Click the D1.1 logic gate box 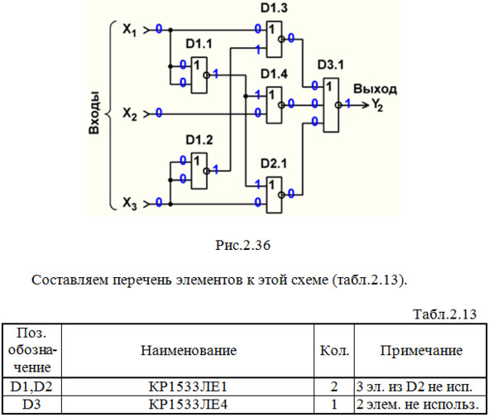pos(199,75)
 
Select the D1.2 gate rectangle pos(199,170)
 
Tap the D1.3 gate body pos(274,39)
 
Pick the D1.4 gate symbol pos(274,105)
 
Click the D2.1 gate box pos(274,195)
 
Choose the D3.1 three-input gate pos(331,105)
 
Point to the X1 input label pos(129,31)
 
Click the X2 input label pos(129,114)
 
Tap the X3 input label pos(129,204)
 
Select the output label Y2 pos(376,105)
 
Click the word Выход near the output pos(375,89)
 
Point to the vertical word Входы pos(93,113)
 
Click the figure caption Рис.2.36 pos(242,245)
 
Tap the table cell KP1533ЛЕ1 pos(188,386)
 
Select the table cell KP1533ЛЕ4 pos(188,405)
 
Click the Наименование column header pos(189,350)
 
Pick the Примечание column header pos(421,351)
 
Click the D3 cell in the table pos(31,405)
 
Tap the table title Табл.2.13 pos(445,314)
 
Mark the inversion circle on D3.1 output pos(338,105)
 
